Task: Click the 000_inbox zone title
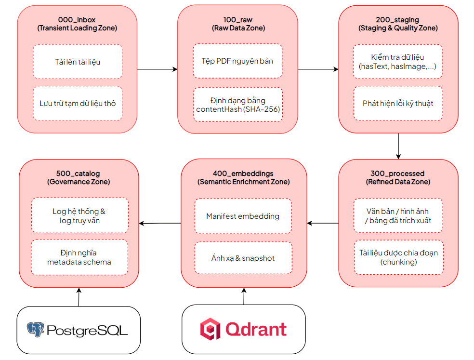pyautogui.click(x=77, y=24)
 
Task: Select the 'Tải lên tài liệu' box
pyautogui.click(x=78, y=62)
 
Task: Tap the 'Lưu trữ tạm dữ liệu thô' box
pyautogui.click(x=78, y=103)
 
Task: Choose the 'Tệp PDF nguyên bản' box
pyautogui.click(x=237, y=61)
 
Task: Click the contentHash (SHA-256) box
pyautogui.click(x=238, y=105)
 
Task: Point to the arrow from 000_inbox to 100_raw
pyautogui.click(x=157, y=69)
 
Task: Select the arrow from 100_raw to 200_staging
pyautogui.click(x=318, y=69)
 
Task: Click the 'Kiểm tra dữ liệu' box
pyautogui.click(x=398, y=62)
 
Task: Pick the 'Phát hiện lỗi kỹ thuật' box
pyautogui.click(x=398, y=103)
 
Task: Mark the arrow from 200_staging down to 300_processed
pyautogui.click(x=398, y=146)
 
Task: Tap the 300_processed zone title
pyautogui.click(x=398, y=177)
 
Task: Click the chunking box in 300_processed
pyautogui.click(x=399, y=257)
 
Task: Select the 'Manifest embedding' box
pyautogui.click(x=243, y=216)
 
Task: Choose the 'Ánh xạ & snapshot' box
pyautogui.click(x=243, y=258)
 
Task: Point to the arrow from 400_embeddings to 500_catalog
pyautogui.click(x=160, y=223)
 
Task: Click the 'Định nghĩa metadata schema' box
pyautogui.click(x=79, y=257)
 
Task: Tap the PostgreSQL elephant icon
pyautogui.click(x=35, y=330)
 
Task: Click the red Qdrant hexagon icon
pyautogui.click(x=210, y=329)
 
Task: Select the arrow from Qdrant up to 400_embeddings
pyautogui.click(x=244, y=296)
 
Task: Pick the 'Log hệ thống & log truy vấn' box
pyautogui.click(x=80, y=215)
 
